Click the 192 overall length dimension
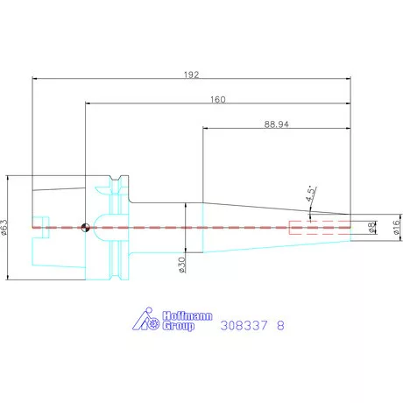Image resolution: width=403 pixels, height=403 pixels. [x=191, y=75]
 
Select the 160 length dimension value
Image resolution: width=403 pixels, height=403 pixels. [x=218, y=100]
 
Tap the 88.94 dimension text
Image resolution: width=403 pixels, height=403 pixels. [x=276, y=124]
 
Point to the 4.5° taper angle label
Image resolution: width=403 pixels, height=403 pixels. [x=311, y=194]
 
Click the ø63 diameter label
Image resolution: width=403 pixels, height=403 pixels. [x=4, y=228]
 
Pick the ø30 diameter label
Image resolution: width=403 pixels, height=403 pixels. [x=181, y=265]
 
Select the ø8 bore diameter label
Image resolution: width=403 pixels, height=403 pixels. [x=371, y=228]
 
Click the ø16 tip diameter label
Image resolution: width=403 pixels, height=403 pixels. [x=396, y=228]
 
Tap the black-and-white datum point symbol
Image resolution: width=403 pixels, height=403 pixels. [x=85, y=228]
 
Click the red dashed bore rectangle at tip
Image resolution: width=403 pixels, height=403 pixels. [x=320, y=228]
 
